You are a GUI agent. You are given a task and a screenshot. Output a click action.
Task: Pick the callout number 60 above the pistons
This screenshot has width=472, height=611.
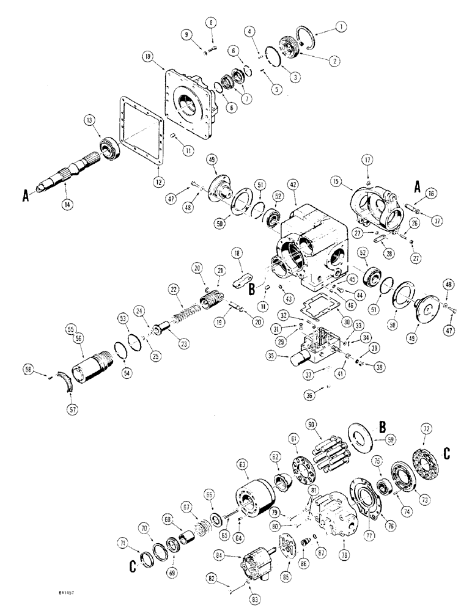coord(312,423)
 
